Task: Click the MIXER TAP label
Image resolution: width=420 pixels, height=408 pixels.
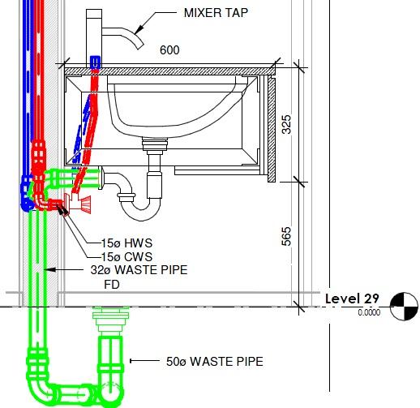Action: [216, 13]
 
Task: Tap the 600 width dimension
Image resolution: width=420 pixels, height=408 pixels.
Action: [169, 50]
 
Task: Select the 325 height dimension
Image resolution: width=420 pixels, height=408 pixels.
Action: [286, 124]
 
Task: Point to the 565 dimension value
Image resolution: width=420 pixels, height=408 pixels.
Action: [286, 236]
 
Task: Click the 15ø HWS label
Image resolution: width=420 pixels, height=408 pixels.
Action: [126, 243]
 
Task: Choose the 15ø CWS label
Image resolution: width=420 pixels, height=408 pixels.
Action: [126, 256]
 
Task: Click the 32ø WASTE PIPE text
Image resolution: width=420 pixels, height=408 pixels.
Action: [139, 270]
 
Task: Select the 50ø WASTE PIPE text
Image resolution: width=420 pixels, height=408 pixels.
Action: [215, 362]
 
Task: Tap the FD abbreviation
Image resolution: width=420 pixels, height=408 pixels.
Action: [112, 285]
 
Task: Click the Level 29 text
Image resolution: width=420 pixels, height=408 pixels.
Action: [352, 298]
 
